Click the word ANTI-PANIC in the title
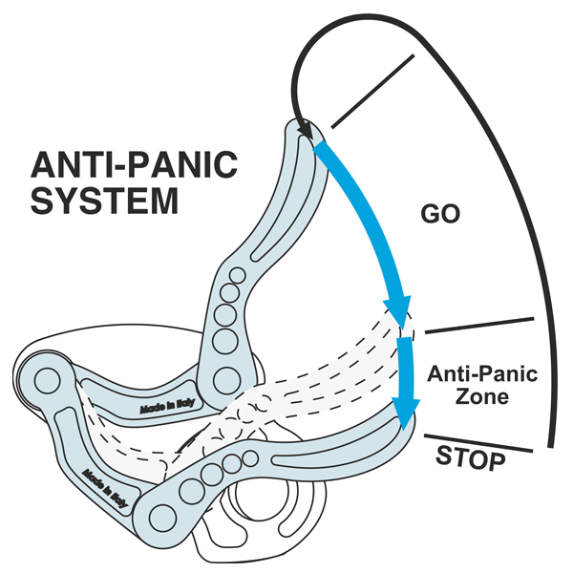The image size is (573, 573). coord(133,166)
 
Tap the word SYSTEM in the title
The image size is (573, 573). coord(105,202)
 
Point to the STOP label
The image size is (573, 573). coord(470,458)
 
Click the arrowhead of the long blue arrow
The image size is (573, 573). coord(397,311)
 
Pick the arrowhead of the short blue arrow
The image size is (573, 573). coord(407,413)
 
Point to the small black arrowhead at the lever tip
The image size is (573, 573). coord(306,130)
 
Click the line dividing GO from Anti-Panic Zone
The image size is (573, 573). coord(477,326)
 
